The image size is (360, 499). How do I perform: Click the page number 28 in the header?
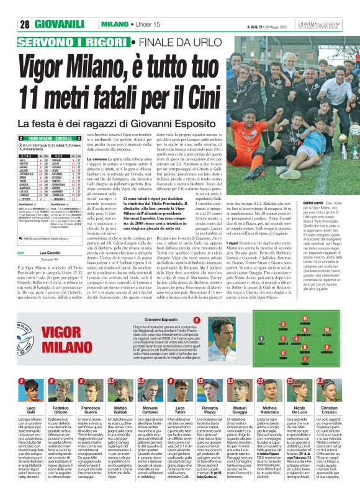click(x=25, y=25)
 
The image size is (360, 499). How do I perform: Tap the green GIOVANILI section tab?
click(x=63, y=25)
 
